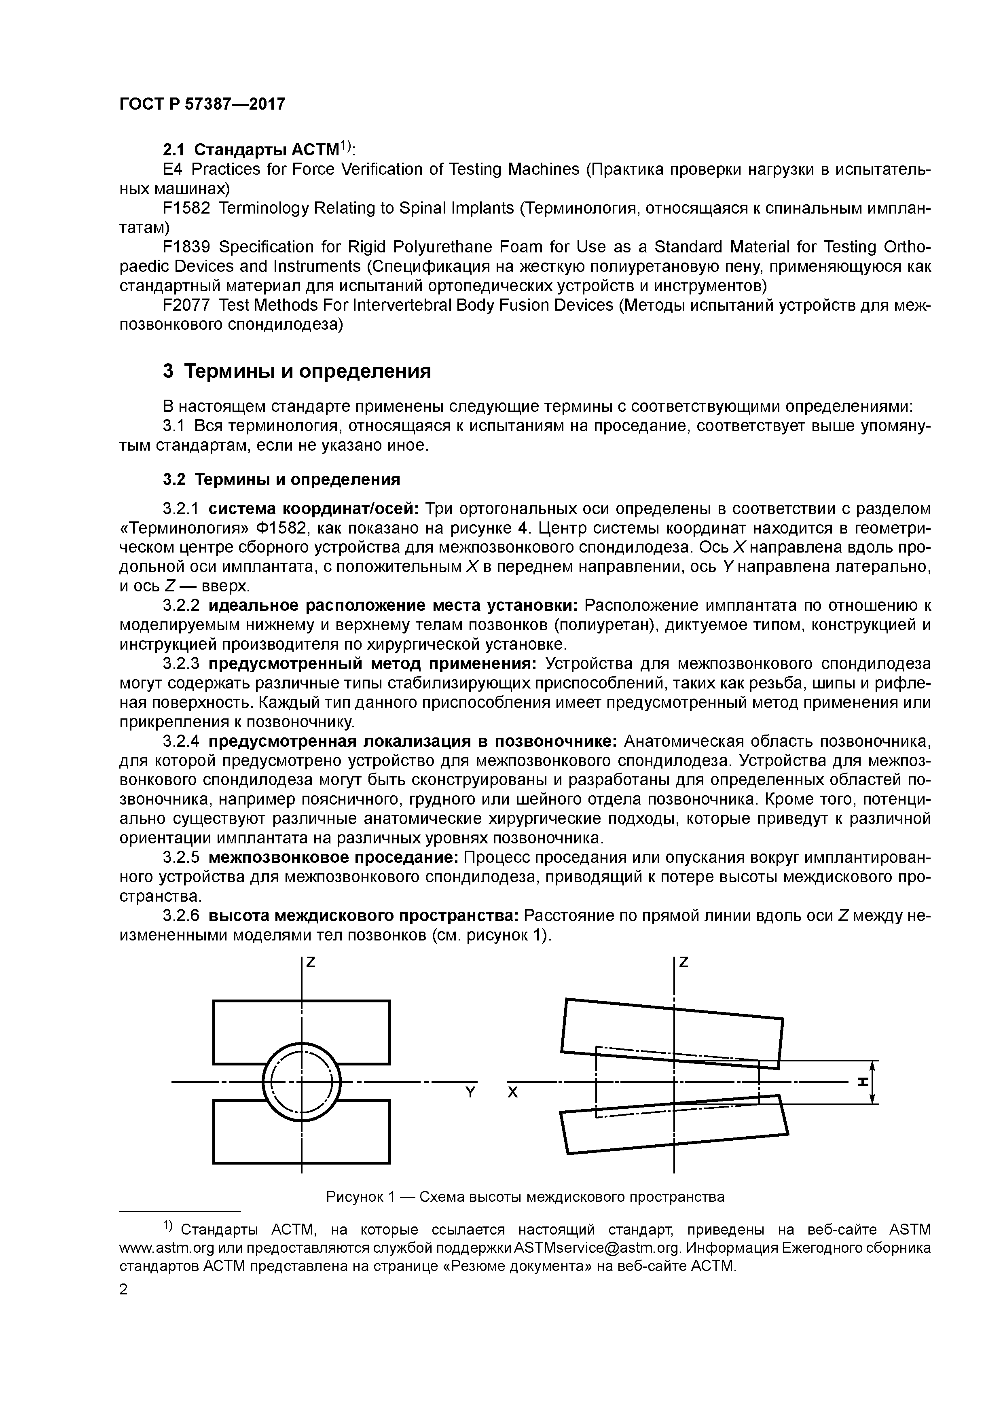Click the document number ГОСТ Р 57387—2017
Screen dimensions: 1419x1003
[x=202, y=104]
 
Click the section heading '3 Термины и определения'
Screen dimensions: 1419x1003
[x=296, y=371]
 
